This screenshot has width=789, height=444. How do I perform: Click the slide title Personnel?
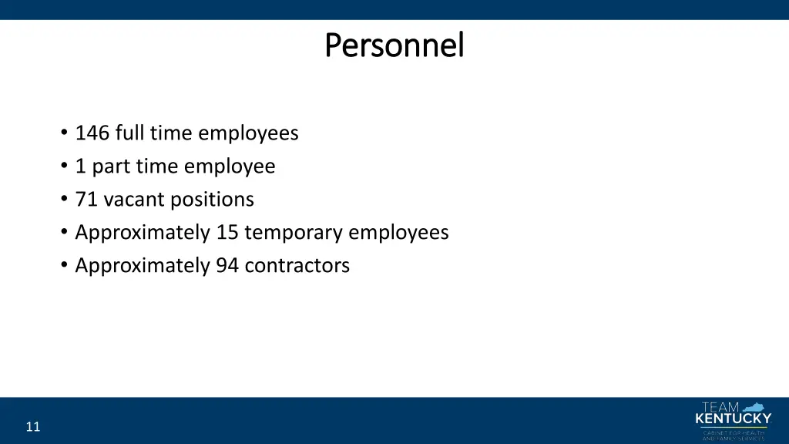(x=394, y=45)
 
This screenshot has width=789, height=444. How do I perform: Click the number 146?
(x=92, y=133)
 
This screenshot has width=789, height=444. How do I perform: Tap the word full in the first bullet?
(x=129, y=133)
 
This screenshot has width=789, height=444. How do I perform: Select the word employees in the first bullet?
(x=248, y=133)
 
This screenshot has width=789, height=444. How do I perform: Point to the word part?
(x=111, y=166)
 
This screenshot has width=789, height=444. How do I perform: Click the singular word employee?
(x=230, y=166)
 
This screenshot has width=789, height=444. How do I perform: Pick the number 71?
(x=86, y=200)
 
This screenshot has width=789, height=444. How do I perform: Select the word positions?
(x=212, y=200)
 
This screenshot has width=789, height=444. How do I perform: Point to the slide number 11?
(x=32, y=427)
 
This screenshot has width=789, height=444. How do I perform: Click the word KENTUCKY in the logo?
(x=733, y=419)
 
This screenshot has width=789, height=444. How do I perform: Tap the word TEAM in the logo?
(x=720, y=407)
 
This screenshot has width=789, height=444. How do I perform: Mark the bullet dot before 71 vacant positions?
(x=62, y=200)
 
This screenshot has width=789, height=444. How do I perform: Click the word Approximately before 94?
(x=143, y=266)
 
